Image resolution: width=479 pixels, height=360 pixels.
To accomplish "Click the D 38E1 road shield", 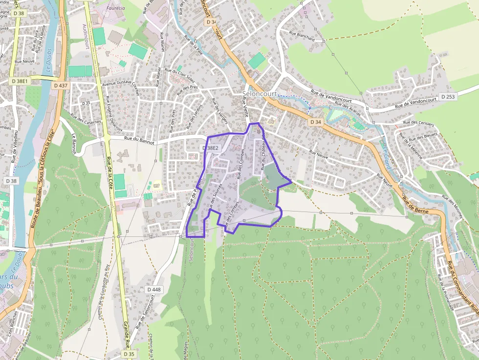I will (x=20, y=81).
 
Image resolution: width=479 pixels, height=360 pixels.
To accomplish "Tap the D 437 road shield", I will (x=61, y=85).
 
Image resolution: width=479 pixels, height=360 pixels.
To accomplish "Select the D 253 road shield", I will (x=448, y=97).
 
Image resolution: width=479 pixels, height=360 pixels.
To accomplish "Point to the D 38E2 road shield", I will (x=212, y=148).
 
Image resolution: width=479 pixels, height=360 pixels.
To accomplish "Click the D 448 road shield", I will (x=153, y=290).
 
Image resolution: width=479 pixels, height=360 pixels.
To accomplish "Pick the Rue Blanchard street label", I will (x=302, y=36).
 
